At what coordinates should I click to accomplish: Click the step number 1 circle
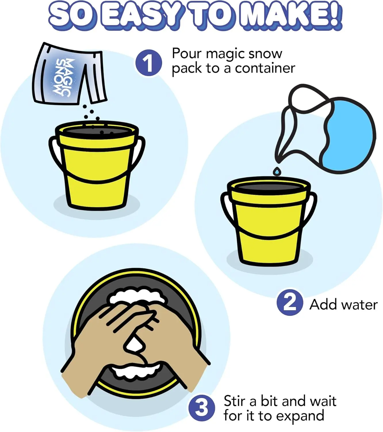tap(148, 63)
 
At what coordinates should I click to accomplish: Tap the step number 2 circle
tap(290, 302)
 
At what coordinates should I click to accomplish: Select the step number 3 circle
tap(202, 408)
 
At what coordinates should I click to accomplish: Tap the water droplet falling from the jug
tap(277, 171)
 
